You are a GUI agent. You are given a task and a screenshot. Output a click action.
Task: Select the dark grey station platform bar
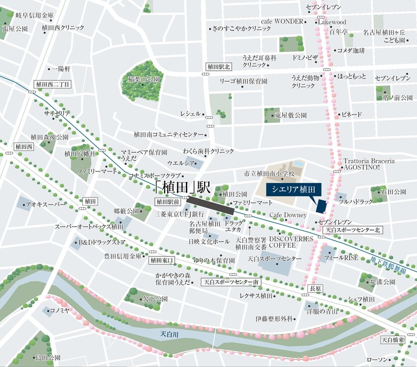pyautogui.click(x=211, y=205)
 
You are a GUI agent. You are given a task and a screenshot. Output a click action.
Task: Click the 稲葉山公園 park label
pyautogui.click(x=146, y=80)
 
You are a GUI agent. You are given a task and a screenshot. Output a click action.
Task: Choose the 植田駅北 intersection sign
pyautogui.click(x=218, y=67)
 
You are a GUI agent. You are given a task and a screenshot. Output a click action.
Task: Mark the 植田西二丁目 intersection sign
pyautogui.click(x=52, y=84)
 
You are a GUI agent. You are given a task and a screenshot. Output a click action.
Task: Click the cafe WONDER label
pyautogui.click(x=283, y=21)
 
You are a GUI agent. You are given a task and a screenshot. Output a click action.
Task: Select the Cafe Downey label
pyautogui.click(x=288, y=215)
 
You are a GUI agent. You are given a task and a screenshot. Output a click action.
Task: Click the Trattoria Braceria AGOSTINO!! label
pyautogui.click(x=368, y=164)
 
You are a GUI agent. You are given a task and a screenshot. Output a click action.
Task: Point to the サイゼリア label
pyautogui.click(x=57, y=114)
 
